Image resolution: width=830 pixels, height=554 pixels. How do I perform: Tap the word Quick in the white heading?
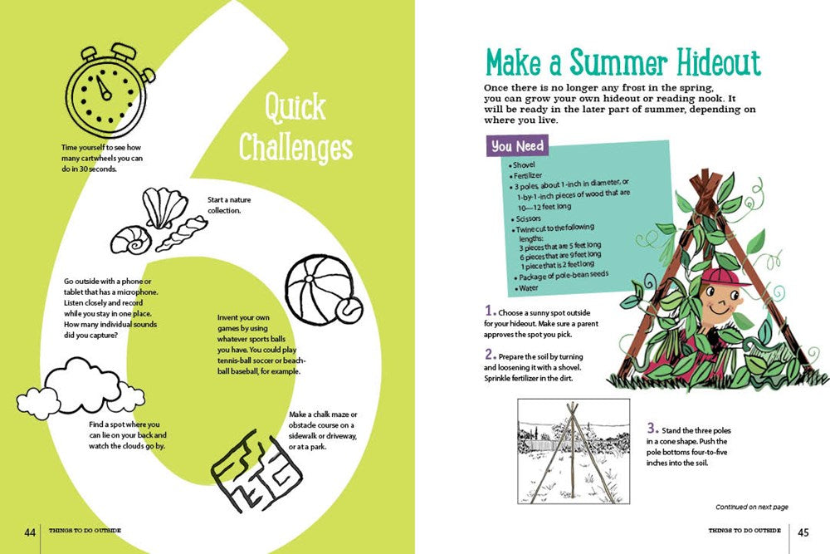[x=295, y=109]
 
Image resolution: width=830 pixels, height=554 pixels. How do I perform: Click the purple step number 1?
[x=489, y=311]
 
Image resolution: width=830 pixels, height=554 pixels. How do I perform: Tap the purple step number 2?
[x=490, y=354]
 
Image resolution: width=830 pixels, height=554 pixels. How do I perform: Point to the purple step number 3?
[x=652, y=429]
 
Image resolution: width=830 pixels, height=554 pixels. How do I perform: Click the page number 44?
[x=30, y=532]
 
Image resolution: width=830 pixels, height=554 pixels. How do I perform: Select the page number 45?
[x=803, y=532]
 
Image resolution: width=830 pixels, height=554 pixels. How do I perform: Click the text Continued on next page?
[x=751, y=507]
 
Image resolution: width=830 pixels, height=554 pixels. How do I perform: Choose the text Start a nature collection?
[x=224, y=204]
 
